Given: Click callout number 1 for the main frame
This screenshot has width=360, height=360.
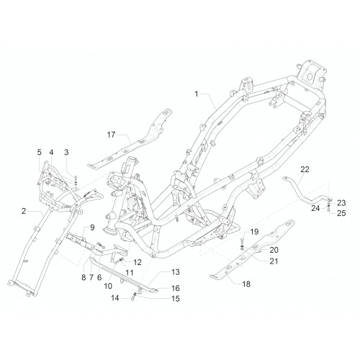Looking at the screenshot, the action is click(x=197, y=94).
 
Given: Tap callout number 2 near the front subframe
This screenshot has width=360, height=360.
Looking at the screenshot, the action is click(x=24, y=211).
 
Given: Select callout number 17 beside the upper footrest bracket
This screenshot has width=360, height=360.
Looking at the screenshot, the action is click(x=111, y=135).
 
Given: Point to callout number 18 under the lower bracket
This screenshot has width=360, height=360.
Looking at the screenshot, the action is click(x=246, y=284).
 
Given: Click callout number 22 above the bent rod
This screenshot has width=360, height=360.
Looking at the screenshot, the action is click(x=305, y=169).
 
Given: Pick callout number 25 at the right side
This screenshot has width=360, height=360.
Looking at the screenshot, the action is click(x=341, y=213).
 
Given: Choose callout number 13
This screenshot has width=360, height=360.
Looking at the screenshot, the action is click(x=176, y=272).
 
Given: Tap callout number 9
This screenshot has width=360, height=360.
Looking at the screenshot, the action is click(x=92, y=228).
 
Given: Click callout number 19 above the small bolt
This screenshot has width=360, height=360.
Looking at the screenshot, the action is click(x=254, y=232).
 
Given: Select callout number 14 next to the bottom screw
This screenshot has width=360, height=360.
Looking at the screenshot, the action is click(x=115, y=298).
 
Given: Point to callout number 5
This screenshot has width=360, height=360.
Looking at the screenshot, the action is click(x=39, y=152).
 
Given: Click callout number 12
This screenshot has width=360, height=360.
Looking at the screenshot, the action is click(x=138, y=262).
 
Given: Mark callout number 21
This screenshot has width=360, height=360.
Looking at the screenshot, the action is click(x=274, y=261).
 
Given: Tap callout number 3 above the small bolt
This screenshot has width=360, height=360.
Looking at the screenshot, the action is click(x=66, y=152).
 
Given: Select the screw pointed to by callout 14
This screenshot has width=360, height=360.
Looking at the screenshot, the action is click(x=132, y=299).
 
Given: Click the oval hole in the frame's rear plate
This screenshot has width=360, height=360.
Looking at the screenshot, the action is click(x=310, y=76).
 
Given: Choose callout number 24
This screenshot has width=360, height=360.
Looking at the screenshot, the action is click(x=315, y=208).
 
